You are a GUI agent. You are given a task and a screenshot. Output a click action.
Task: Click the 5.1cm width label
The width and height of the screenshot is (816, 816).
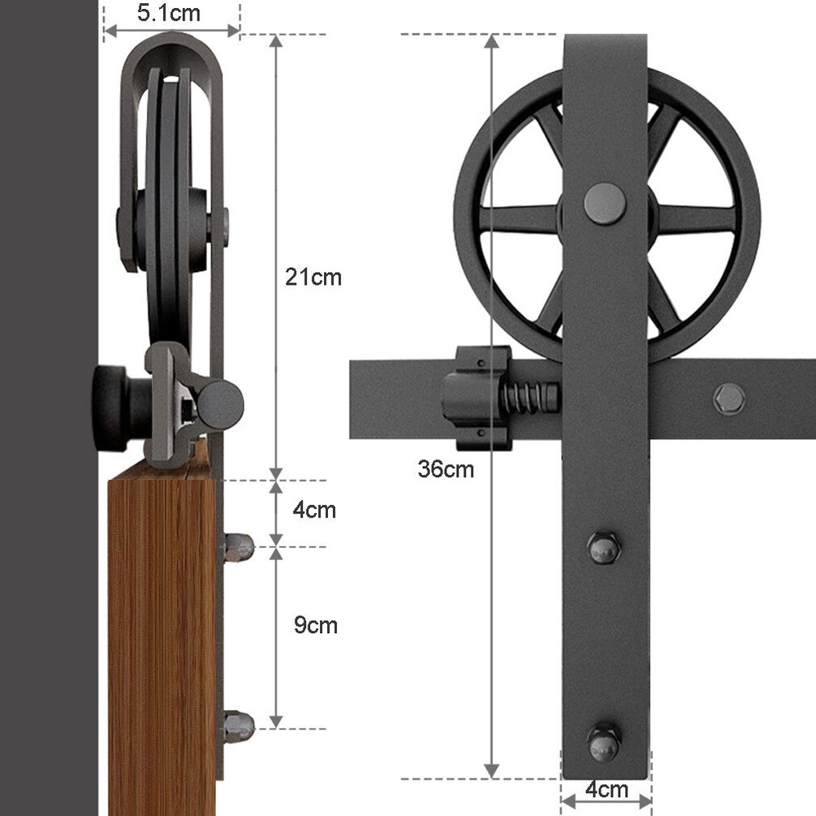[169, 13]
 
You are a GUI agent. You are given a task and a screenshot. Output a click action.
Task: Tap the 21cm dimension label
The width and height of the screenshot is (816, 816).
[313, 277]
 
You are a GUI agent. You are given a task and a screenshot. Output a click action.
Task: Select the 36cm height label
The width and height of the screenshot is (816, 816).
[446, 469]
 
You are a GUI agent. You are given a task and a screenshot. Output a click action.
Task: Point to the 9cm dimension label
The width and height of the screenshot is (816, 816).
[316, 626]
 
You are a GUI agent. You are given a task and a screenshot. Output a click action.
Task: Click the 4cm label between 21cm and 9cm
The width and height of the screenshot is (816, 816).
[314, 511]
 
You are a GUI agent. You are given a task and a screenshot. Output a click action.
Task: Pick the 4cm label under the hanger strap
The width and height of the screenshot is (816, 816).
[607, 790]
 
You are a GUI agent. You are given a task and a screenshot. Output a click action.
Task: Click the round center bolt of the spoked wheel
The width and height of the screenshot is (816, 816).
[605, 203]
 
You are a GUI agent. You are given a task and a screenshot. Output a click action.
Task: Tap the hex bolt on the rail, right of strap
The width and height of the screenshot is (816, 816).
[729, 399]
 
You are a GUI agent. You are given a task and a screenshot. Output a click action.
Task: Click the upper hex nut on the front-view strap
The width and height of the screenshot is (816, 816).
[604, 548]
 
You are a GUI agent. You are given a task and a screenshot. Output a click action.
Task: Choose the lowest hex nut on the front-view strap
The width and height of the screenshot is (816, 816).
[604, 742]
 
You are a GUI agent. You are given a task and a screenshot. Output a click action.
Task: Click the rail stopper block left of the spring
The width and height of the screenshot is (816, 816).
[477, 398]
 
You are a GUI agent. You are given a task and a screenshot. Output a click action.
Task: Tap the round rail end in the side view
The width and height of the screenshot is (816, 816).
[221, 405]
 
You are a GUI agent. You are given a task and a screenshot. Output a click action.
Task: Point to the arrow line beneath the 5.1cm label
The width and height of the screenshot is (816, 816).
[171, 31]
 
